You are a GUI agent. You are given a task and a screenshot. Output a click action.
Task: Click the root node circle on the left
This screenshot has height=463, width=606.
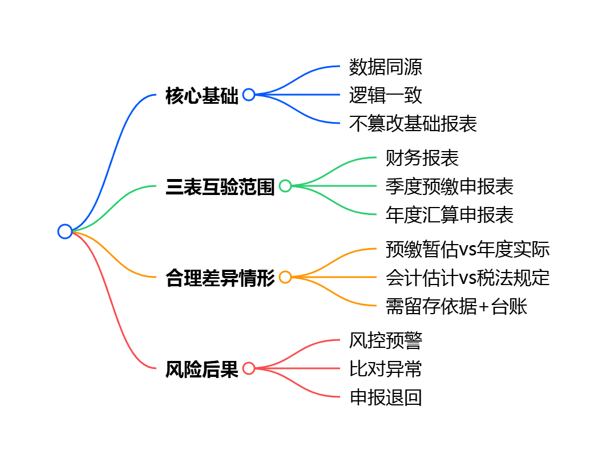pos(65,232)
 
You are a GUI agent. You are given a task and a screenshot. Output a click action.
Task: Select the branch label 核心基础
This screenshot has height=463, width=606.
pos(201,95)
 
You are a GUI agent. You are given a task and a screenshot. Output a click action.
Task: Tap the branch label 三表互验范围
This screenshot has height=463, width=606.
pos(220,186)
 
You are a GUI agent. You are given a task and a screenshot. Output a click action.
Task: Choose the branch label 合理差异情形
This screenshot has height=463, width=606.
pos(220,278)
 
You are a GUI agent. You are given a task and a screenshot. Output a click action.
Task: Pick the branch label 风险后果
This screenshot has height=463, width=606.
pos(201,369)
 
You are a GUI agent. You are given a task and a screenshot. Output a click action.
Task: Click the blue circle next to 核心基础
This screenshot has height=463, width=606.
pos(249,95)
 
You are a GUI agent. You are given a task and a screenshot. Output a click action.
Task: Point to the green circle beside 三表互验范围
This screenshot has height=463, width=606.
pos(285,186)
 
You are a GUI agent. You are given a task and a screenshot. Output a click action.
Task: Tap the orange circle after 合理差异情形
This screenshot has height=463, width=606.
pos(285,277)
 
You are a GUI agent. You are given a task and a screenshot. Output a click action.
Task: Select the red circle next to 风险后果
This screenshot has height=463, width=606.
pos(249,368)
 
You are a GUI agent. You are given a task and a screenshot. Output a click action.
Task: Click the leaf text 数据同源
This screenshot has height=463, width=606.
pos(386,67)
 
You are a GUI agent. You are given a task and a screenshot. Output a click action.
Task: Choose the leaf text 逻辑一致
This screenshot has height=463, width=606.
pos(386,95)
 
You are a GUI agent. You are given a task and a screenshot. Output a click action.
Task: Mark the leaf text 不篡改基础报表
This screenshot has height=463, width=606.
pos(413,124)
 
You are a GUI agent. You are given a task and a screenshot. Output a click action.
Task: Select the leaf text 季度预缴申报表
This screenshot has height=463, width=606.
pos(450,186)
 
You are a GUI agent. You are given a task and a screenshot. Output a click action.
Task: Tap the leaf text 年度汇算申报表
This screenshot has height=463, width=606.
pos(450,215)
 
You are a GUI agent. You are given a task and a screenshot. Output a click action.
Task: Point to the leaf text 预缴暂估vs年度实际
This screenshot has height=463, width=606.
pos(467,249)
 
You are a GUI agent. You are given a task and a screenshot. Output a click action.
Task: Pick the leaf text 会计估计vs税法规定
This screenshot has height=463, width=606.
pos(467,278)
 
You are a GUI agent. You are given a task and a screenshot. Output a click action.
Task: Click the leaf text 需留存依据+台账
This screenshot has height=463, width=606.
pos(456,306)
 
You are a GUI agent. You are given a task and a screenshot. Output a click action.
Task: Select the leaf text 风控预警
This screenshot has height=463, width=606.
pos(386,340)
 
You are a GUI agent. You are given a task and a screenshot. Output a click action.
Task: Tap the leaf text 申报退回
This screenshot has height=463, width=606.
pos(386,397)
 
